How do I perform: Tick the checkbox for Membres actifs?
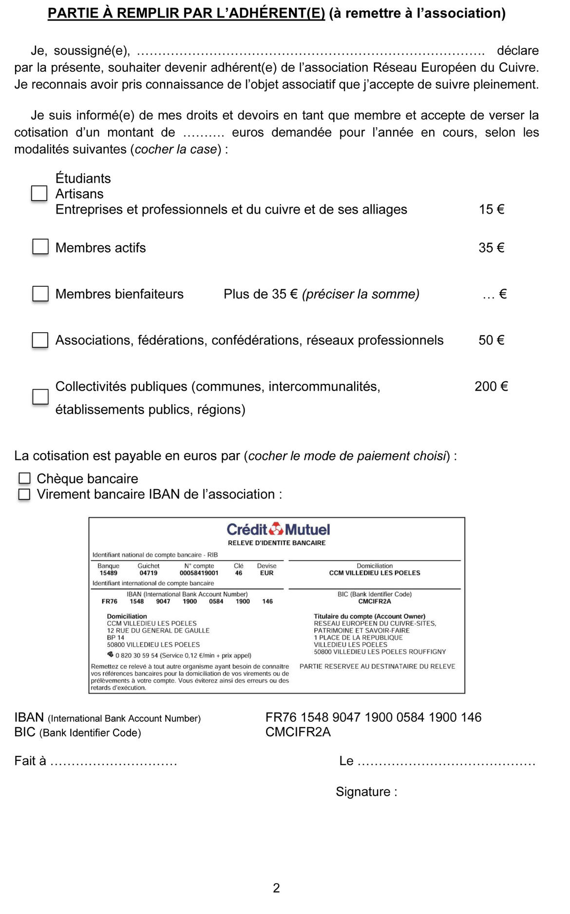pyautogui.click(x=40, y=247)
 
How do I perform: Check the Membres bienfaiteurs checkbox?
pyautogui.click(x=40, y=294)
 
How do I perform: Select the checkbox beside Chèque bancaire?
pyautogui.click(x=24, y=478)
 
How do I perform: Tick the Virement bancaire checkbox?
pyautogui.click(x=24, y=494)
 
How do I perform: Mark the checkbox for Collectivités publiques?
pyautogui.click(x=40, y=397)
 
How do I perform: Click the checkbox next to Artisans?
pyautogui.click(x=39, y=194)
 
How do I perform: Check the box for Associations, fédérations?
pyautogui.click(x=40, y=340)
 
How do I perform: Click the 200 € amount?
pyautogui.click(x=491, y=386)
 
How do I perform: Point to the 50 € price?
pyautogui.click(x=491, y=340)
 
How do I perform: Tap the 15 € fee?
pyautogui.click(x=491, y=209)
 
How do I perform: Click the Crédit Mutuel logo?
pyautogui.click(x=278, y=529)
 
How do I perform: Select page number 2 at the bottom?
pyautogui.click(x=276, y=888)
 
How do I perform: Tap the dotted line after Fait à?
pyautogui.click(x=114, y=762)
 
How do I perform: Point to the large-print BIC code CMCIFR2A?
pyautogui.click(x=298, y=732)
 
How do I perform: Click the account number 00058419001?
pyautogui.click(x=199, y=573)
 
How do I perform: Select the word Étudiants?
pyautogui.click(x=83, y=178)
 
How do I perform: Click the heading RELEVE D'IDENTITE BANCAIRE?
pyautogui.click(x=277, y=543)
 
